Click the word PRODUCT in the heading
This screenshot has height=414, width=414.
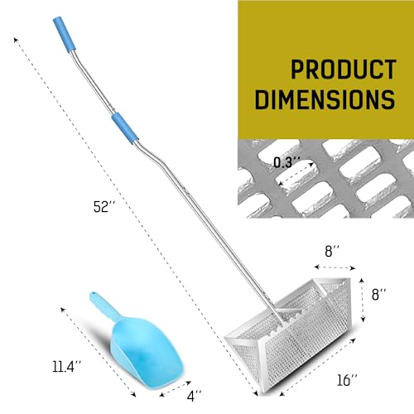tap(344, 70)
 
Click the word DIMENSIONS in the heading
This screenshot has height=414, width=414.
tap(325, 99)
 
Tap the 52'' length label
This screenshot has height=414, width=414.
tap(104, 207)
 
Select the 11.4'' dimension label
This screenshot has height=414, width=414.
tap(67, 367)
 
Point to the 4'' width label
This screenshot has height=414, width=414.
tap(194, 396)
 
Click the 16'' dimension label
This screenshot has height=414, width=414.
tap(347, 380)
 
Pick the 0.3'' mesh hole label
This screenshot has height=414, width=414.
tap(286, 162)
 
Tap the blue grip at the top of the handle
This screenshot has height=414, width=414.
tap(65, 35)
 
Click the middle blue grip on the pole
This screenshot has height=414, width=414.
tap(125, 128)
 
